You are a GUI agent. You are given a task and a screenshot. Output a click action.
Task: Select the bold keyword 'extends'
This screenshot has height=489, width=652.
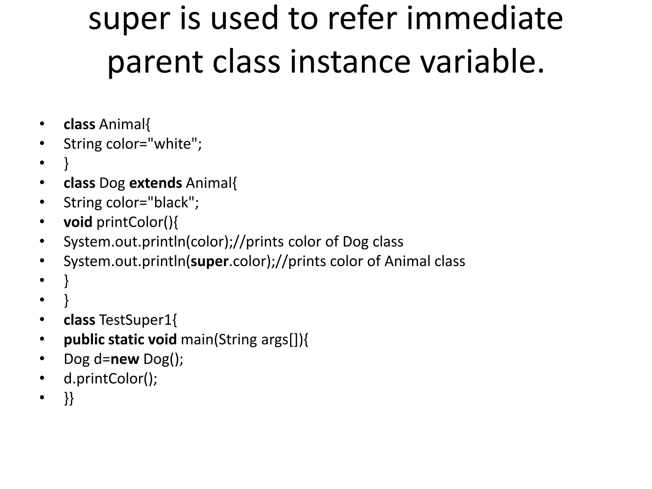[155, 183]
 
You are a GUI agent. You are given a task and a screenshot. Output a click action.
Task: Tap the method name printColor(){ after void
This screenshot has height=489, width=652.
[137, 222]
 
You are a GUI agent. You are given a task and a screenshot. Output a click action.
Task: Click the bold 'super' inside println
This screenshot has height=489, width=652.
[209, 261]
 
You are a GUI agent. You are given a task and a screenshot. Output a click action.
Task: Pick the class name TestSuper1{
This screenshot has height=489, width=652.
[138, 320]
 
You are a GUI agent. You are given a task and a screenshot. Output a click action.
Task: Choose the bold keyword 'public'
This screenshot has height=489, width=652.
[84, 339]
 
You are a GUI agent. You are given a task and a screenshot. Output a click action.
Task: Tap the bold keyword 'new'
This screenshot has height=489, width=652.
[124, 359]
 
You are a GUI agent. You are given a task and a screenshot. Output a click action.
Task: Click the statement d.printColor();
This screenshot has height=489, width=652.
[110, 379]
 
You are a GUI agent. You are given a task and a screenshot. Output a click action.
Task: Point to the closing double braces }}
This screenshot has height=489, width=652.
[69, 398]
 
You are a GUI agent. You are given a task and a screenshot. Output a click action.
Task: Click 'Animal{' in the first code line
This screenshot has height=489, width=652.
[124, 124]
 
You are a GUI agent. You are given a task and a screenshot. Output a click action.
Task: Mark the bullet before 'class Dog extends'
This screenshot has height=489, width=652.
[42, 183]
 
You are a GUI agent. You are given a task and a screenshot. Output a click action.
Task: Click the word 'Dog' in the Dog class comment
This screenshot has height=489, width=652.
[355, 242]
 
